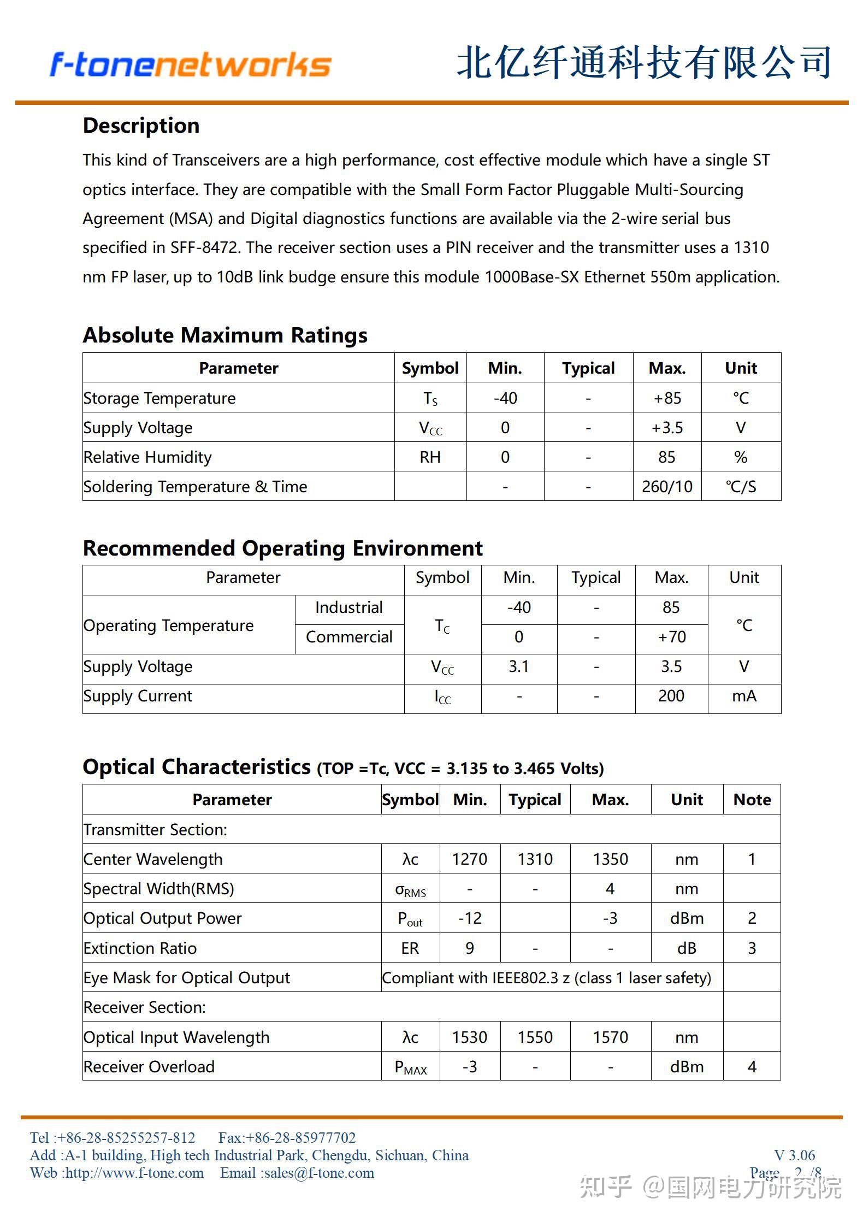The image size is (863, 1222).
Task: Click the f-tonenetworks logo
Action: pyautogui.click(x=190, y=64)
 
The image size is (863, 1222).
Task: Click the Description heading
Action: pyautogui.click(x=141, y=126)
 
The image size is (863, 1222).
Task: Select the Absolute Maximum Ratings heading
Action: pyautogui.click(x=225, y=335)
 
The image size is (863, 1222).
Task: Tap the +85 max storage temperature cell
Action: pyautogui.click(x=667, y=398)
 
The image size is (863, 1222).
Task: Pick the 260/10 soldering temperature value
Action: pyautogui.click(x=667, y=486)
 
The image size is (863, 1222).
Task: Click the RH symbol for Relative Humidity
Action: pyautogui.click(x=430, y=457)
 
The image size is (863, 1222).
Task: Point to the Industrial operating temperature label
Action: pyautogui.click(x=349, y=607)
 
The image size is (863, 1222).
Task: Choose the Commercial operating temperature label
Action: pyautogui.click(x=349, y=637)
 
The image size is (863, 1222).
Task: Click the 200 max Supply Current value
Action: pyautogui.click(x=671, y=696)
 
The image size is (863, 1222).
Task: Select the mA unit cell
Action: pyautogui.click(x=744, y=696)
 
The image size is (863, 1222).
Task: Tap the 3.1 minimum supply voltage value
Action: pyautogui.click(x=518, y=666)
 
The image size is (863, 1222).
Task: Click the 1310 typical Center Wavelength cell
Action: pyautogui.click(x=535, y=859)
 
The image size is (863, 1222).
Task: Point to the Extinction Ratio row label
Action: pyautogui.click(x=140, y=948)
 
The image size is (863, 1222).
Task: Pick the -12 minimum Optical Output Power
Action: pyautogui.click(x=470, y=918)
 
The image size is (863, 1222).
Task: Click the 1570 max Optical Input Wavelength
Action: pyautogui.click(x=610, y=1037)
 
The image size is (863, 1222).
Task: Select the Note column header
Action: pyautogui.click(x=752, y=800)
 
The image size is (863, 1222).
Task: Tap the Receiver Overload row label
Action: pyautogui.click(x=149, y=1066)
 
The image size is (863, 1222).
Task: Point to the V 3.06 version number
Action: pyautogui.click(x=794, y=1155)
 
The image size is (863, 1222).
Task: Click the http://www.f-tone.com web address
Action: pyautogui.click(x=134, y=1173)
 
